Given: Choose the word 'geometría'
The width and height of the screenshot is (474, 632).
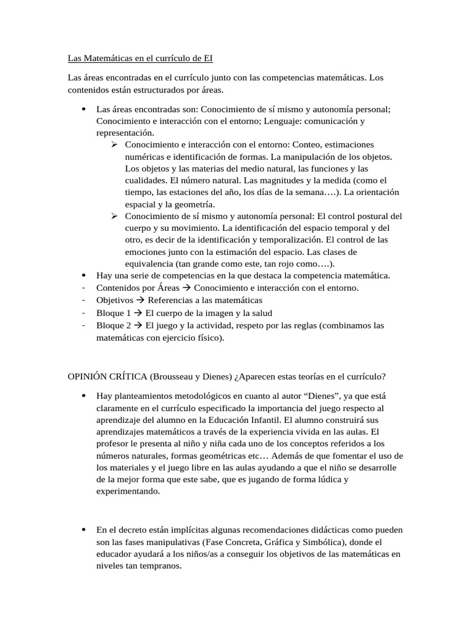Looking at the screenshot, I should click(193, 204).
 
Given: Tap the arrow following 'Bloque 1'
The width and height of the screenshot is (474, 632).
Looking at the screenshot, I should click(138, 313).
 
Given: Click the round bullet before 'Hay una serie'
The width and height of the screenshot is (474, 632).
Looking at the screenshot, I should click(83, 276).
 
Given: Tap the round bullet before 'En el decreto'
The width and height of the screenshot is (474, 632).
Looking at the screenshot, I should click(83, 530).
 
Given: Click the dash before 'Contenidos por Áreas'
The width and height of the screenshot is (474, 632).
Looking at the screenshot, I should click(82, 288).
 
